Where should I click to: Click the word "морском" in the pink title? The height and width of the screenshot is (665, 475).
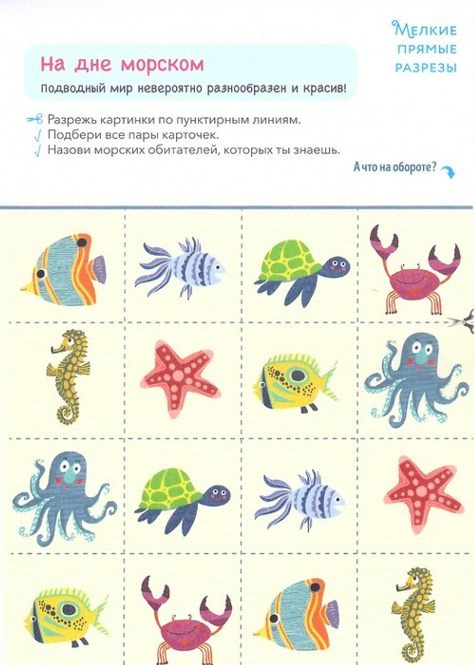coord(162,65)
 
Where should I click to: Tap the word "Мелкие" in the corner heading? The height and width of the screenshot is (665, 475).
coord(425,30)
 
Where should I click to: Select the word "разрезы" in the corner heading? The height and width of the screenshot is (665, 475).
coord(426,67)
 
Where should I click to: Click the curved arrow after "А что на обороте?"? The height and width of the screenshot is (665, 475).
coord(447,171)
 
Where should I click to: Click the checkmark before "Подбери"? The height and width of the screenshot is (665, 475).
coord(37,135)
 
